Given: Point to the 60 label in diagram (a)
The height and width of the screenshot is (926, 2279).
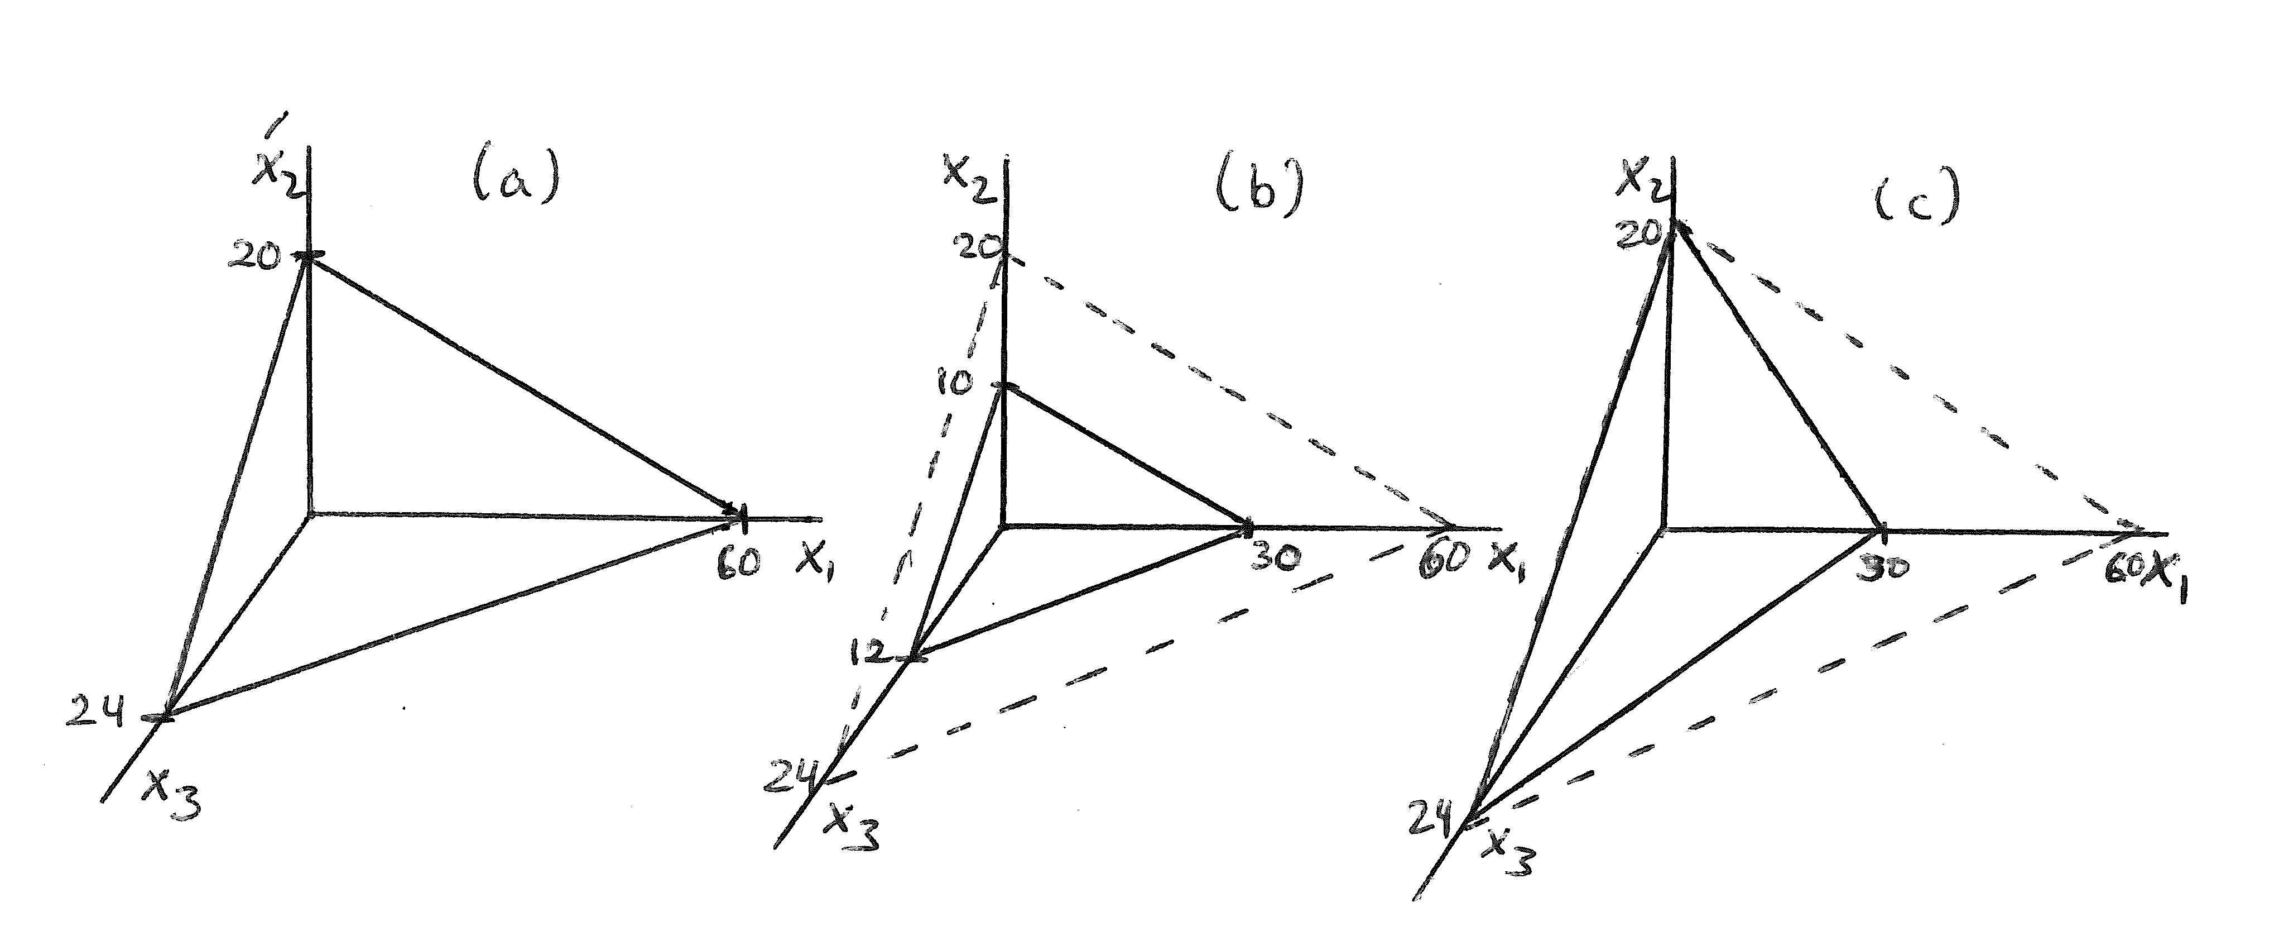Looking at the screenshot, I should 739,563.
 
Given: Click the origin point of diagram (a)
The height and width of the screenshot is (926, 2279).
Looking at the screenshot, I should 308,513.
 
